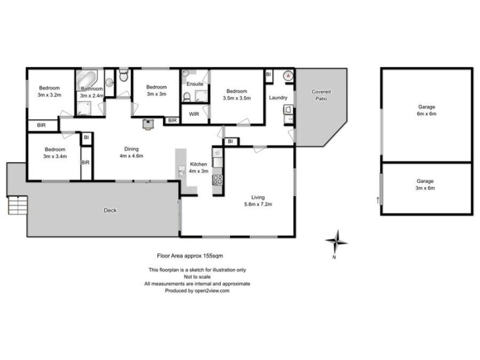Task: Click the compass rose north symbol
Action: (x=337, y=242)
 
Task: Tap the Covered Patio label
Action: (x=320, y=95)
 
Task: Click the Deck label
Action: (x=110, y=211)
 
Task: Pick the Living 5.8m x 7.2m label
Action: (x=259, y=200)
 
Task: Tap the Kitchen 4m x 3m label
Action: (x=198, y=167)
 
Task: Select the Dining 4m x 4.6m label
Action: (x=130, y=152)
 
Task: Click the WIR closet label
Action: (x=194, y=113)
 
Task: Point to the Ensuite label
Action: (x=194, y=85)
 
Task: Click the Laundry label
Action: (x=278, y=98)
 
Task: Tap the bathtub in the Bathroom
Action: (x=87, y=79)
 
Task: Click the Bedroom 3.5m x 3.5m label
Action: (x=236, y=95)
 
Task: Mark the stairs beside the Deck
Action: (x=18, y=206)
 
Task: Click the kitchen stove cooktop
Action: (x=218, y=179)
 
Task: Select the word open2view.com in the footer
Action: (x=208, y=290)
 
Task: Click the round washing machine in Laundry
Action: (x=288, y=76)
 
